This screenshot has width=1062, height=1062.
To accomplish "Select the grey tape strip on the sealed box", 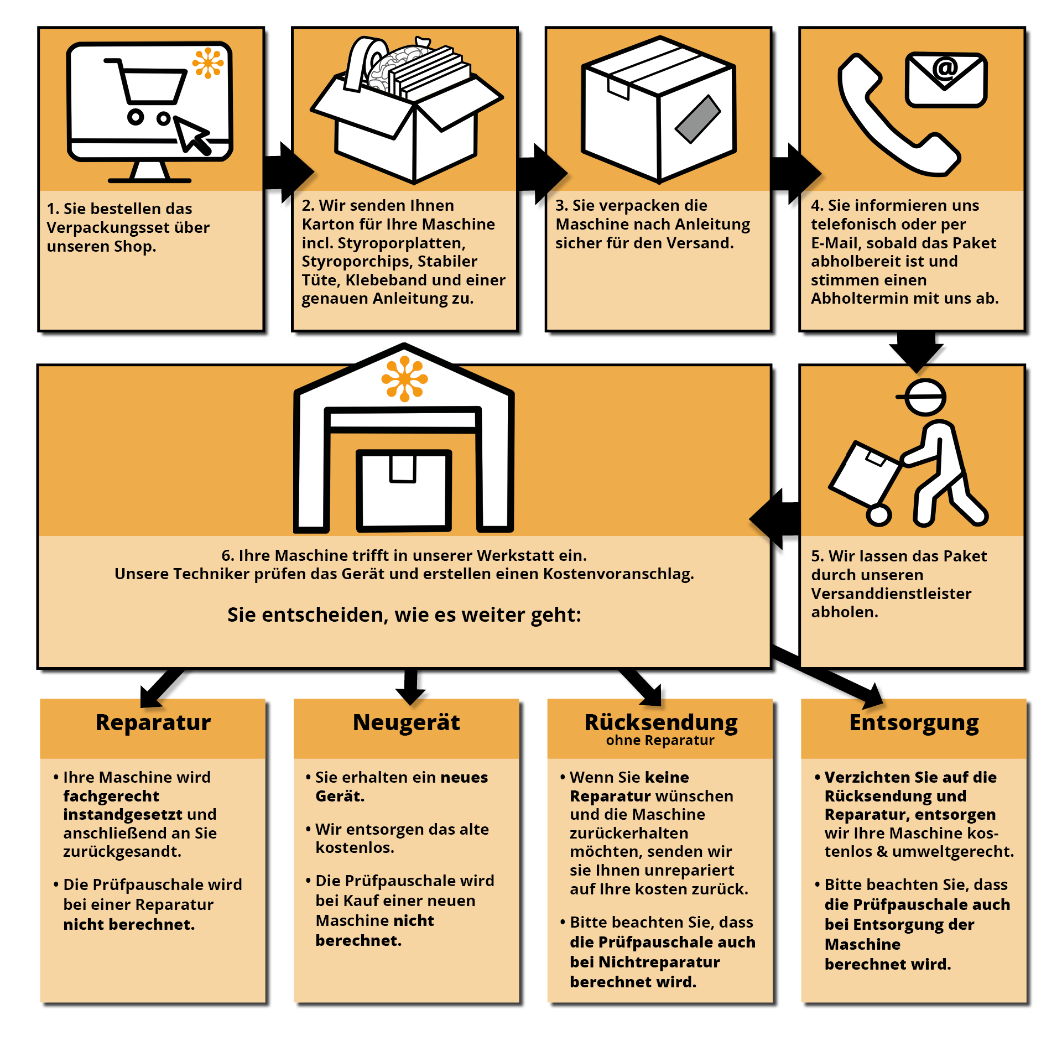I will coord(697,119).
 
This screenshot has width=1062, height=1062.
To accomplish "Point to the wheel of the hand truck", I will coord(878,515).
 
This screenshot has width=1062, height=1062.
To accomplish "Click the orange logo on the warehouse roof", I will coord(404,379).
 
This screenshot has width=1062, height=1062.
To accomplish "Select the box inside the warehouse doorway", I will coord(404,490).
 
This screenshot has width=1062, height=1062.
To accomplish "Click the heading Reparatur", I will coord(153,722).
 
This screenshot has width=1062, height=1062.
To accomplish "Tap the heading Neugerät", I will coord(406,722).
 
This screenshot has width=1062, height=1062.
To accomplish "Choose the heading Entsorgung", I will coord(914,722).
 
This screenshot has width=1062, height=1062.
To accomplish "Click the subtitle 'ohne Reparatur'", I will coord(660,741).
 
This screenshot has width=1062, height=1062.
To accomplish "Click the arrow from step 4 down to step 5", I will coord(916,349).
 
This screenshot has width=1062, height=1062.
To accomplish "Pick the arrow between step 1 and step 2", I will coord(285,172).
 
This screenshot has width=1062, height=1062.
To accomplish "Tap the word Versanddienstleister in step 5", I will coord(891,594).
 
